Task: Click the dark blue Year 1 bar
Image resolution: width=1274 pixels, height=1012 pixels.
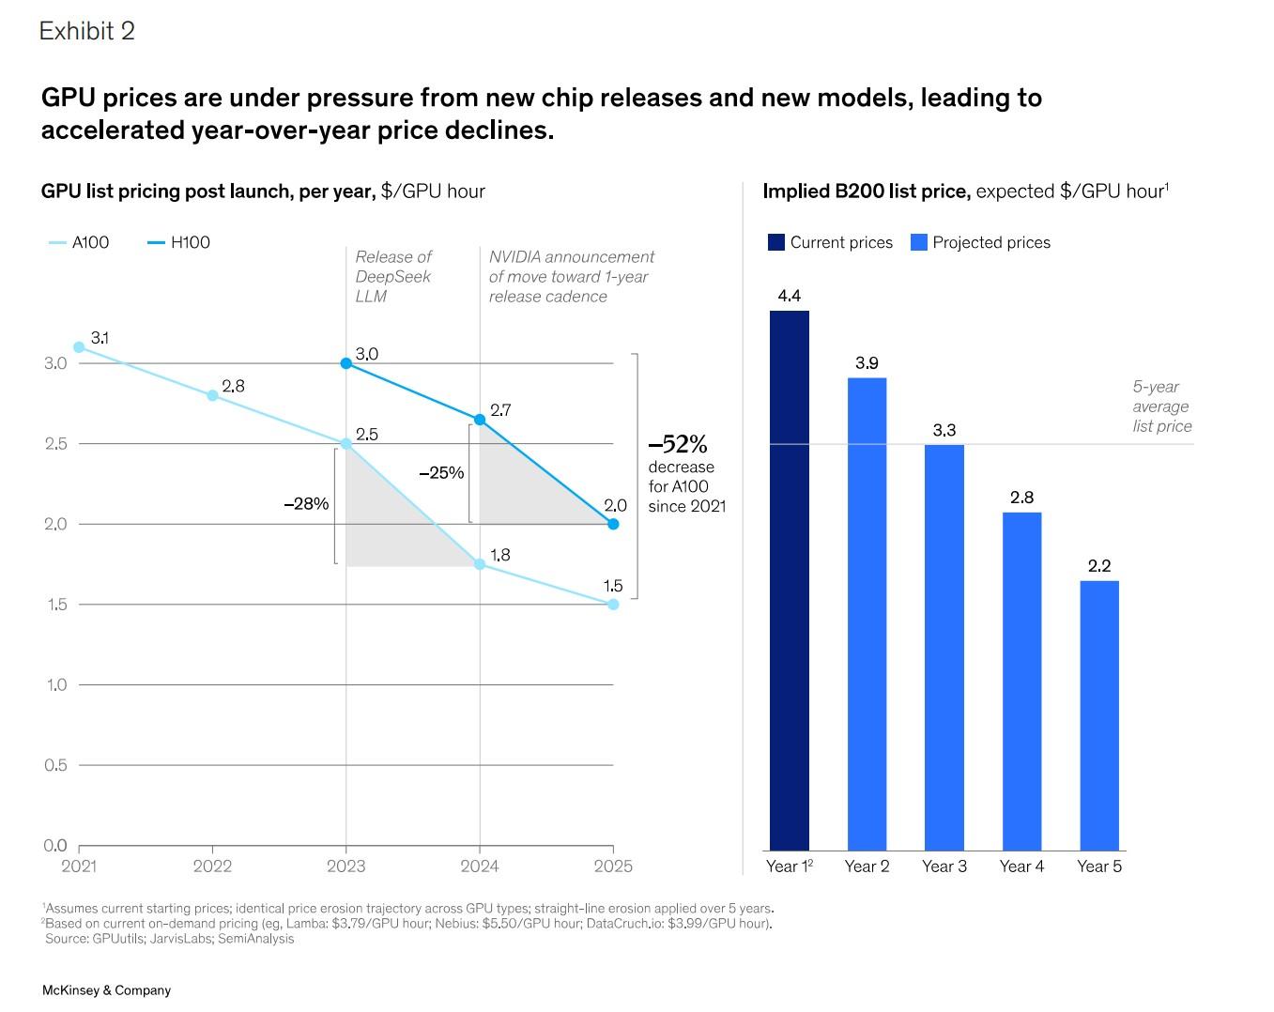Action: pos(789,580)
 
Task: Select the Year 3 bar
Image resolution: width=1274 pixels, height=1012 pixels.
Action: pos(944,648)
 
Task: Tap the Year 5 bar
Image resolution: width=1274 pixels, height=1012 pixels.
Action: pos(1098,715)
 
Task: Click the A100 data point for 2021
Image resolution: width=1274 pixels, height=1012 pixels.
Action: pos(79,347)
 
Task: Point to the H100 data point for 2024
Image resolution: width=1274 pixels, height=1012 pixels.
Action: pos(480,420)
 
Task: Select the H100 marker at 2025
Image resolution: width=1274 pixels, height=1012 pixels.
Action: pos(613,524)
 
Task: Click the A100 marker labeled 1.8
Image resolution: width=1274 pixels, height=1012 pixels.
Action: pos(480,564)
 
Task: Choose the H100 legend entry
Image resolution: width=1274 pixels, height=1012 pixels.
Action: pos(179,242)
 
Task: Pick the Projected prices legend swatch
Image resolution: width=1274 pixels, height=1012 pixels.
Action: pos(919,242)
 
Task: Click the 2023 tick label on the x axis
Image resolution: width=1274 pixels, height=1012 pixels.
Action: pos(345,866)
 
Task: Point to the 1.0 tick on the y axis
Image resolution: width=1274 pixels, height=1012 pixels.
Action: pos(56,684)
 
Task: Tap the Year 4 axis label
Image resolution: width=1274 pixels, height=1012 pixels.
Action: pos(1021,866)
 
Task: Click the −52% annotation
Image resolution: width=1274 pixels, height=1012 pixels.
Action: pos(678,444)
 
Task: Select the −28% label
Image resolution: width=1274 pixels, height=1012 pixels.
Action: pos(306,504)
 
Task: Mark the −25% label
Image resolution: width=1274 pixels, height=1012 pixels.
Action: pos(441,473)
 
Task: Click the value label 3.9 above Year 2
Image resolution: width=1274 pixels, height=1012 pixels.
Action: pos(867,363)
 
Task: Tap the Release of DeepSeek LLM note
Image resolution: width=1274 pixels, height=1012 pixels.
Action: pos(393,276)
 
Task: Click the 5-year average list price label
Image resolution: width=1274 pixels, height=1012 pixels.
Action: pos(1161,406)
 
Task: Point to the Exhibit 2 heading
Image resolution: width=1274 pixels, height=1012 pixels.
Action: pos(87,31)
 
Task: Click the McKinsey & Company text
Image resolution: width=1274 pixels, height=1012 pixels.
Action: pos(106,990)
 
